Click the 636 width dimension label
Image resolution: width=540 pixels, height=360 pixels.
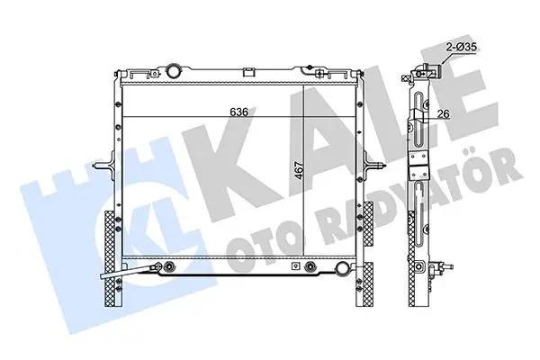pos(239,112)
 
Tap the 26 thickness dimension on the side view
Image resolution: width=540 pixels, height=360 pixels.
pos(444,113)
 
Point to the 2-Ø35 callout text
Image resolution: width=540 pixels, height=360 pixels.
pos(461,47)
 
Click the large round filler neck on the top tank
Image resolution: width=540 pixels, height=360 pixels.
pos(173,71)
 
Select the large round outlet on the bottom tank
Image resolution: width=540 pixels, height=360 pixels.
pos(342,267)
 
